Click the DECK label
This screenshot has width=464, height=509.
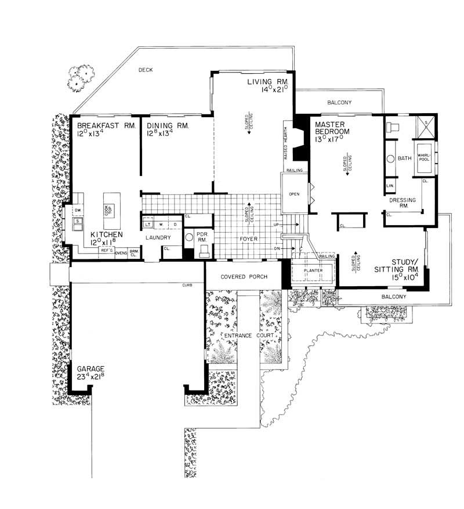145,70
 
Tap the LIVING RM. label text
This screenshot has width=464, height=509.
267,81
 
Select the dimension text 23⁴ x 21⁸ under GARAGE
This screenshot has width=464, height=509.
88,376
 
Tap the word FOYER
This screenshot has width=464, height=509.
248,239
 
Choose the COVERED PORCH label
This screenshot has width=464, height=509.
244,277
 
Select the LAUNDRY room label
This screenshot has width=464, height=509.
158,238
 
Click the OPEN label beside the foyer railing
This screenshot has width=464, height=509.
294,194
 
